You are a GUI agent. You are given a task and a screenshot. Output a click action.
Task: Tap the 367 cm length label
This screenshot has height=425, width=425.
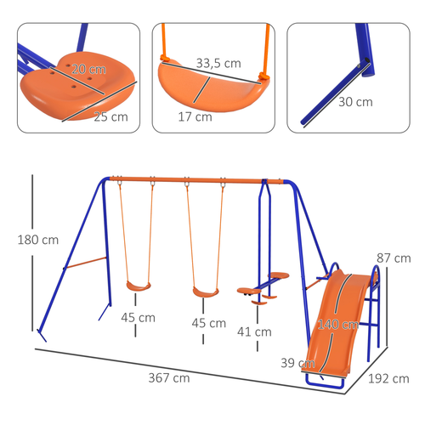[x=168, y=378]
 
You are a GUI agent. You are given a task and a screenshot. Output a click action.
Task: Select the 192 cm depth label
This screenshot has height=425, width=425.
[x=393, y=380]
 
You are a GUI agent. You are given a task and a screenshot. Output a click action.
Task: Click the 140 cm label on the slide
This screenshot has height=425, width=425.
[x=337, y=323]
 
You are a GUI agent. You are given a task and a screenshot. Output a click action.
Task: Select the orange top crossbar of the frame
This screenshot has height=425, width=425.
[x=187, y=180]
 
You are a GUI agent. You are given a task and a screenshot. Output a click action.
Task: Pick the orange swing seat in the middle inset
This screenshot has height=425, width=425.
[x=208, y=85]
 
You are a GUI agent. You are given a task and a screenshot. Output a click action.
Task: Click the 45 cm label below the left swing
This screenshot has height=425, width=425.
[x=137, y=318]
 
